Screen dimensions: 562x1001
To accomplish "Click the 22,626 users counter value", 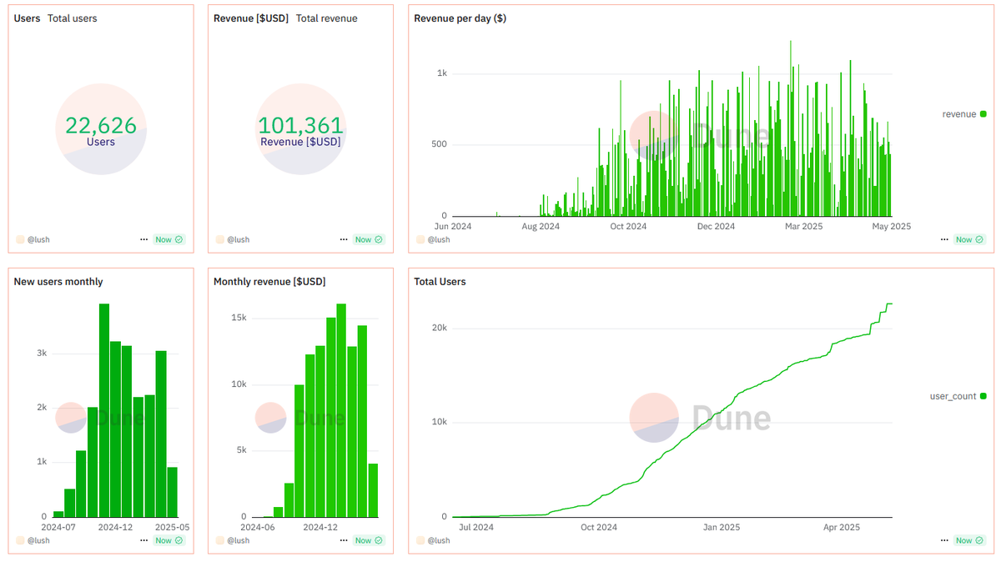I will (101, 125).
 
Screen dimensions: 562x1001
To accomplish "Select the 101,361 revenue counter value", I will (300, 125).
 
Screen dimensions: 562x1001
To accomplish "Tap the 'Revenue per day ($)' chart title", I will (460, 18).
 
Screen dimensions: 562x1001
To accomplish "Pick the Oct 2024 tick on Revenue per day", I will (628, 226).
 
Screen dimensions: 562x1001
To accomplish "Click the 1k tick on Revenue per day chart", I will (441, 73).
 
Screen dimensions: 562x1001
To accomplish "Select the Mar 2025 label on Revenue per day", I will (805, 226).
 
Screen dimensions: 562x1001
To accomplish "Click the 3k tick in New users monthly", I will (41, 354).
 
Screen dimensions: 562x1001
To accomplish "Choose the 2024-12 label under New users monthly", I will (115, 527).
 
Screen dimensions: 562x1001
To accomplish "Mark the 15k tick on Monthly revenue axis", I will (239, 319).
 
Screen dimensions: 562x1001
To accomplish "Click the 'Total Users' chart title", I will (440, 282).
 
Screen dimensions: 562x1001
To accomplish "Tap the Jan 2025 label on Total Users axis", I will (722, 527).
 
